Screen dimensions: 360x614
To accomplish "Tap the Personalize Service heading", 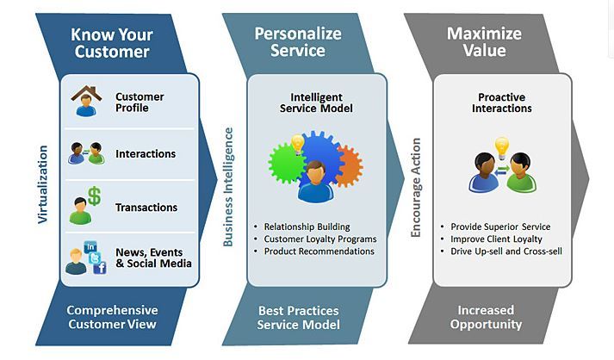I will pos(297,42).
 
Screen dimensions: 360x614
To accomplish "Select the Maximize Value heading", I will pos(484,42).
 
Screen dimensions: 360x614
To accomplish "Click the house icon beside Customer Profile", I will pos(84,95).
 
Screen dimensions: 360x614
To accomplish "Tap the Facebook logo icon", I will pos(99,268).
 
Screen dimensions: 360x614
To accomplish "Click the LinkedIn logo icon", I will pos(90,248).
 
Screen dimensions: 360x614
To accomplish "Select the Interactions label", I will pos(146,154).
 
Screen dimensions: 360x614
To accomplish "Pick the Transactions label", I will pos(146,208).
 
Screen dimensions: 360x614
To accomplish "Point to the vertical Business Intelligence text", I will pos(228,187).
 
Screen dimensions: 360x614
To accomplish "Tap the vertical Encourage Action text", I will pos(416,188).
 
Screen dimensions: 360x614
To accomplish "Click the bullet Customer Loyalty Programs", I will pos(319,239).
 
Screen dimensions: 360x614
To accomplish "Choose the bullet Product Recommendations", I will pos(319,251).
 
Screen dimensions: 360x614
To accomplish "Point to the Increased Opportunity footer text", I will pos(486,317).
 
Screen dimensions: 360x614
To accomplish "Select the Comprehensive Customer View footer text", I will pos(112,317).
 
